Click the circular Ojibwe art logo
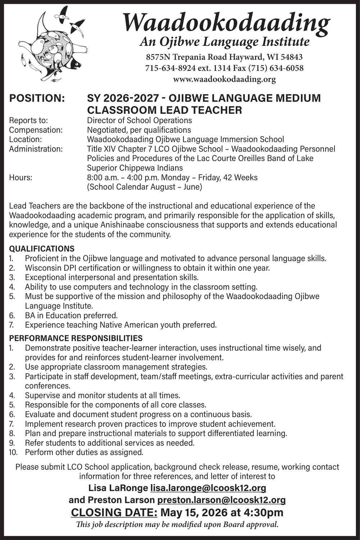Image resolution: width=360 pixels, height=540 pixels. (x=54, y=47)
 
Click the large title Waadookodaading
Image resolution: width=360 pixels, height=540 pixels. (x=226, y=22)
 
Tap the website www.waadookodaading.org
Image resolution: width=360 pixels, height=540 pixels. (x=224, y=79)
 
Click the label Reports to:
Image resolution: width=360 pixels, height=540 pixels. (x=28, y=120)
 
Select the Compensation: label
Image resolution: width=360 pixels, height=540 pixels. (x=36, y=130)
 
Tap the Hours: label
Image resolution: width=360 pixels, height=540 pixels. (x=21, y=177)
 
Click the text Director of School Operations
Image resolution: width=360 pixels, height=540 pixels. (x=139, y=120)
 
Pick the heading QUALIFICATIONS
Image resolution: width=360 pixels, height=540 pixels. (x=42, y=249)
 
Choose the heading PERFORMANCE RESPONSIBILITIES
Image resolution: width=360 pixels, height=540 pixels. (x=76, y=338)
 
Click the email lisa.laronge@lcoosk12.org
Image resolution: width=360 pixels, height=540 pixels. (x=208, y=488)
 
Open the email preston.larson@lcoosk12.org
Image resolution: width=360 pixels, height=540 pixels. (x=221, y=500)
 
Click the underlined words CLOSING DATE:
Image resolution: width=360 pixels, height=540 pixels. (x=114, y=512)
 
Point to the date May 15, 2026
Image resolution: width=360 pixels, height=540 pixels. (x=194, y=512)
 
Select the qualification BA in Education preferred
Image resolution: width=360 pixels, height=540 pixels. (x=71, y=315)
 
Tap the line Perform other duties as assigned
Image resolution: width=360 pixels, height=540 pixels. (x=84, y=452)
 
